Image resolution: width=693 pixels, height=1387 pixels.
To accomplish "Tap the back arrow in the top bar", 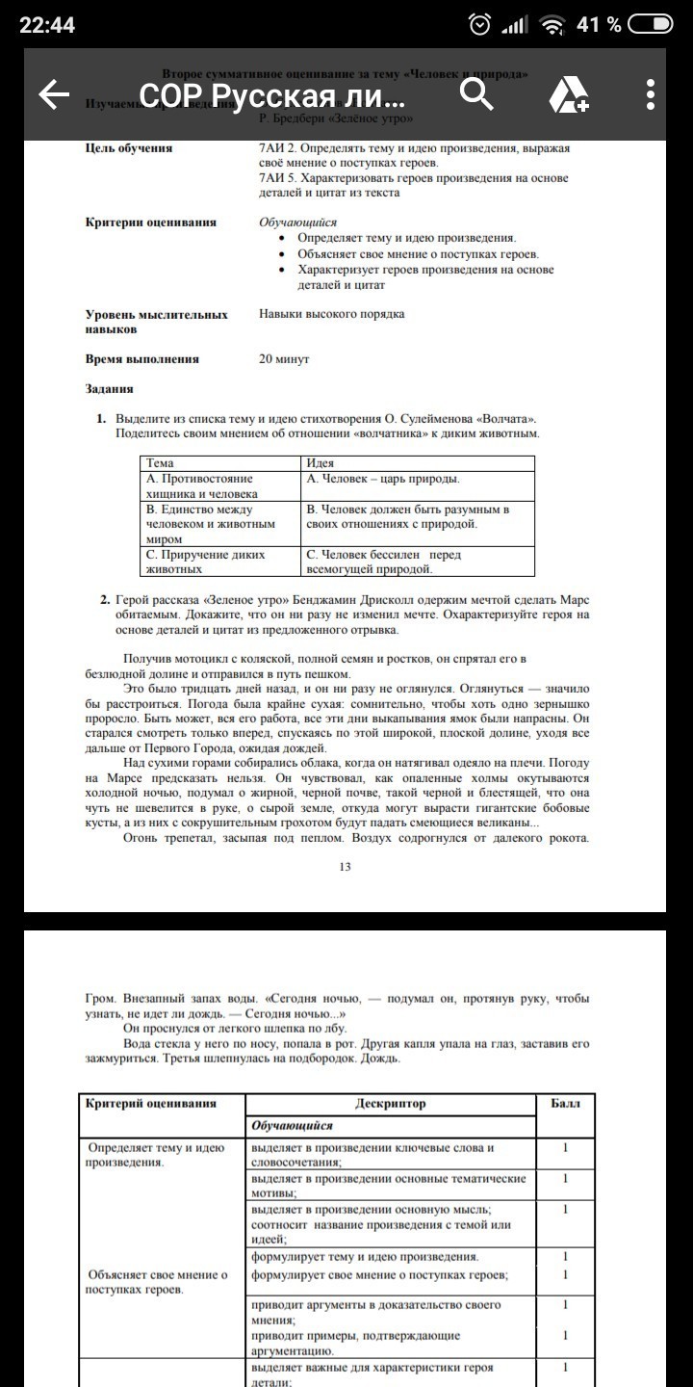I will [x=54, y=94].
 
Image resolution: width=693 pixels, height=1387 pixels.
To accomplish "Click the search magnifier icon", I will [x=475, y=94].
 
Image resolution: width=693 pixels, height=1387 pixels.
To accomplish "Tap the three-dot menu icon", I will [x=652, y=94].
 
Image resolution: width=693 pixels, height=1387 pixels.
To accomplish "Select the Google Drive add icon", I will [x=567, y=94].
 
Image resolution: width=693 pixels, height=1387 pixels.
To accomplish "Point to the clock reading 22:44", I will [x=47, y=25].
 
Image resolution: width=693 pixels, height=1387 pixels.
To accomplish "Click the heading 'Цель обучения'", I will [x=129, y=148].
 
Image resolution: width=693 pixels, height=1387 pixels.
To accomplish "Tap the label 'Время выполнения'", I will [x=142, y=359].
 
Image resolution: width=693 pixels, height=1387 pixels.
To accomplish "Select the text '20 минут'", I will [x=284, y=359].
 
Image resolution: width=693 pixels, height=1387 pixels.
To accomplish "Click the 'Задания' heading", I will [x=109, y=389].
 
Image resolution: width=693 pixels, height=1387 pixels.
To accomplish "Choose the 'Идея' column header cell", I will [x=418, y=463].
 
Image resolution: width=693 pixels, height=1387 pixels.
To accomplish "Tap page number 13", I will [x=346, y=866].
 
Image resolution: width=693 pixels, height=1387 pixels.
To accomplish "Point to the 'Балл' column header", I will [x=565, y=1104].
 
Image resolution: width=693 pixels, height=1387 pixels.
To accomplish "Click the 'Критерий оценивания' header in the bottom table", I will [x=151, y=1104].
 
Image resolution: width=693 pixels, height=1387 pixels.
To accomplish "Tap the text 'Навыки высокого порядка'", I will [x=332, y=314].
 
